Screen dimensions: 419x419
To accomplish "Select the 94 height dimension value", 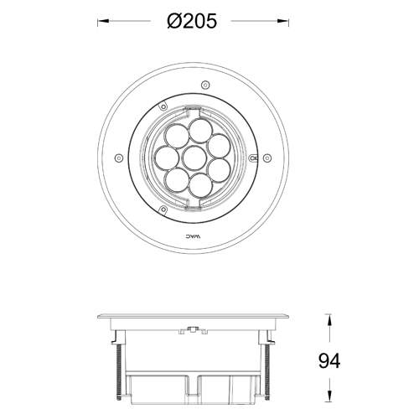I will point(329,361).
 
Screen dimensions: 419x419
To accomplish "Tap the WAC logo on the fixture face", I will point(194,238).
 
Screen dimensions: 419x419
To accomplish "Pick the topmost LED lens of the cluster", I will point(199,130).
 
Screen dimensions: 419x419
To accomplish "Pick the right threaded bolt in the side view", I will point(267,369).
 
